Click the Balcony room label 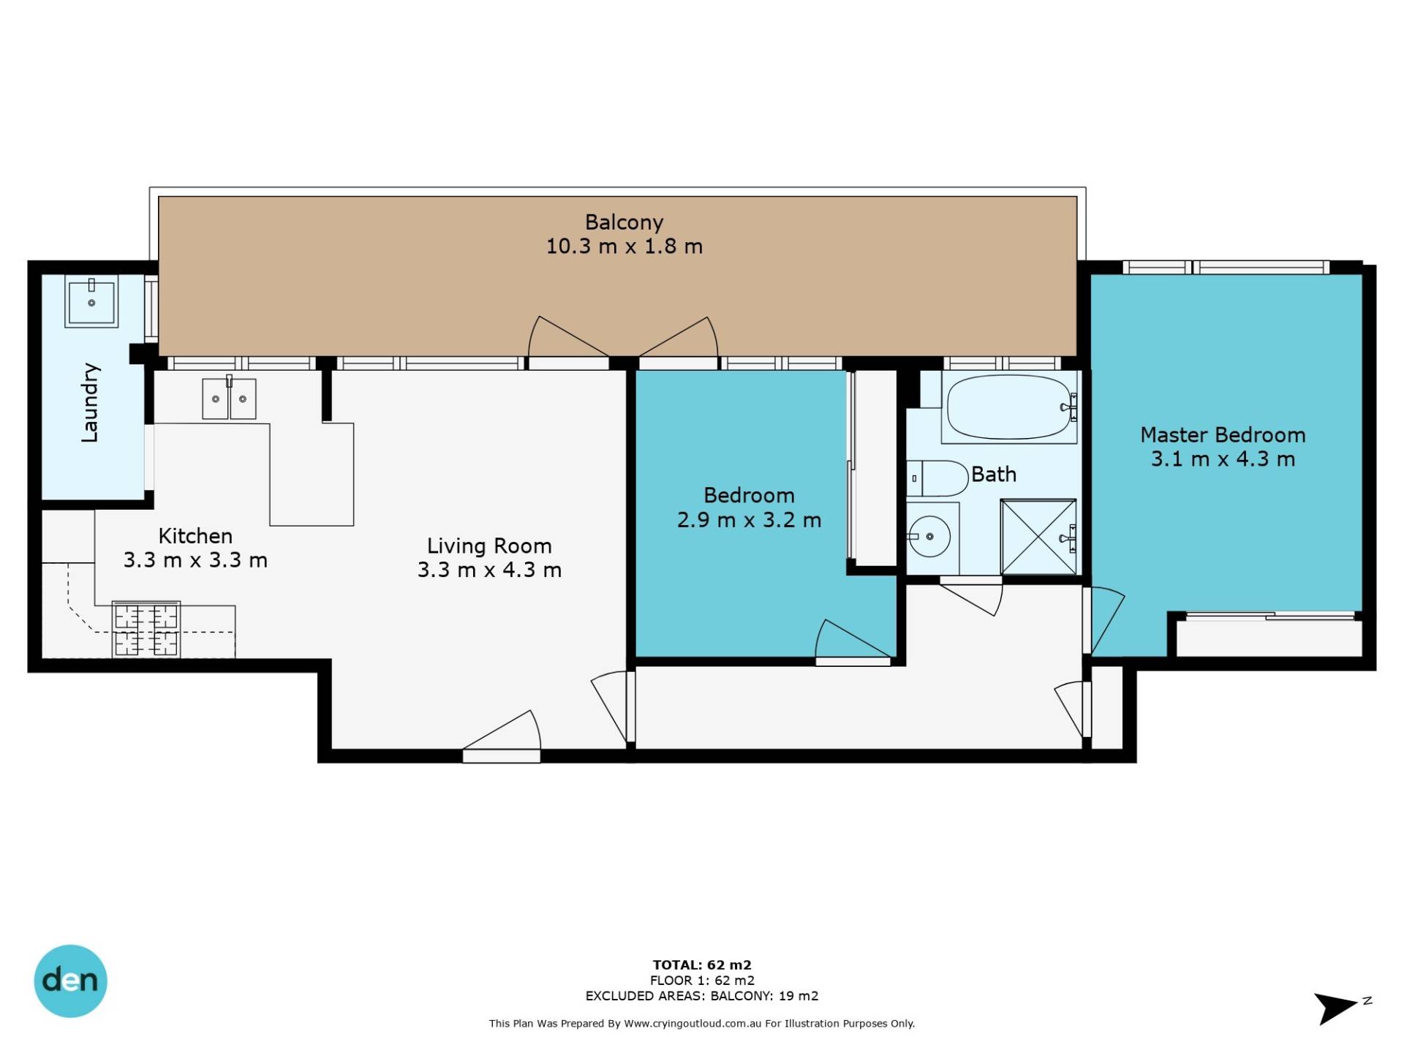coord(624,222)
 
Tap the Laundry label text coord(89,402)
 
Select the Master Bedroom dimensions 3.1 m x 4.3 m coord(1223,459)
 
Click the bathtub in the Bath coord(1009,408)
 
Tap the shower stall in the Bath coord(1038,537)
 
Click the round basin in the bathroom coord(929,537)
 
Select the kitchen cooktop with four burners coord(146,629)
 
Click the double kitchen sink coord(229,399)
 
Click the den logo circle coord(71,981)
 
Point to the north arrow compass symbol coord(1340,1008)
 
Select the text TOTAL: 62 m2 coord(702,965)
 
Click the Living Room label coord(489,546)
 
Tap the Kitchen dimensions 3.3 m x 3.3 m coord(195,560)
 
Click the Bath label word coord(994,475)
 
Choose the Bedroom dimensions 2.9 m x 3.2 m coord(749,520)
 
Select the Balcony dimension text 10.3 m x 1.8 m coord(624,246)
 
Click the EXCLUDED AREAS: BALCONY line coord(702,996)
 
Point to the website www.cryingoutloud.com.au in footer coord(687,1024)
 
